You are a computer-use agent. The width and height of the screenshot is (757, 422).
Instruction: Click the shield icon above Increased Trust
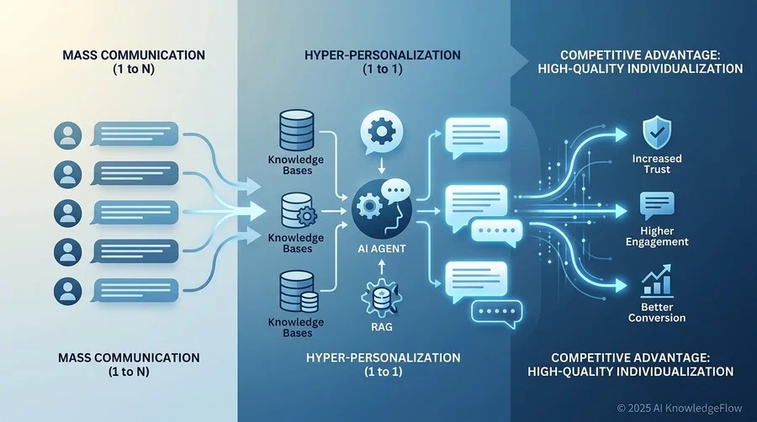pos(657,132)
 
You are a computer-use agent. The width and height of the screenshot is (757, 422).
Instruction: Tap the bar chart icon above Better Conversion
pos(657,280)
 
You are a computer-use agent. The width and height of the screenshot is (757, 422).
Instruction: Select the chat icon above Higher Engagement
pos(657,206)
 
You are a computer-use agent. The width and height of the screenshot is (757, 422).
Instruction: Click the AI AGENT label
pos(381,249)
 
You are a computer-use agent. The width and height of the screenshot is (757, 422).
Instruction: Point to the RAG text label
pos(382,327)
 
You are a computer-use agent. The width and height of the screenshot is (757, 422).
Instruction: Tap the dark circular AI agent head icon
pos(382,208)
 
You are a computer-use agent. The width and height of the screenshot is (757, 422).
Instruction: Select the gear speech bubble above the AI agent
pos(381,133)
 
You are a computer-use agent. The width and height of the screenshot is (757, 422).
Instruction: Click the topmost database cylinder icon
pos(297,130)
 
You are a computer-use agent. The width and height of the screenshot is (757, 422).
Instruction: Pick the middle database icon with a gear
pos(299,211)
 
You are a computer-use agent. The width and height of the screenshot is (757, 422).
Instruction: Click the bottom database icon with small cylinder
pos(299,292)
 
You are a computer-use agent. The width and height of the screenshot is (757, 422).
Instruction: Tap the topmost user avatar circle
pos(68,135)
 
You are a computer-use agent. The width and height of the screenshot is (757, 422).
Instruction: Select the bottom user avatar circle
pos(68,291)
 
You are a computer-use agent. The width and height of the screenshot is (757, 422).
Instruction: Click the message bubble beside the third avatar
pos(135,214)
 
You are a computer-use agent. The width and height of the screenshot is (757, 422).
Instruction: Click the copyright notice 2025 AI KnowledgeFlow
pos(680,408)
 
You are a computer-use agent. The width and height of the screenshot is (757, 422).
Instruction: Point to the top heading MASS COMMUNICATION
pos(134,55)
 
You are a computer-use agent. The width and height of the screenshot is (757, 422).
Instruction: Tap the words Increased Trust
pos(657,164)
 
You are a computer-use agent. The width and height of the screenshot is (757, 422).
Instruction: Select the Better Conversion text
pos(657,313)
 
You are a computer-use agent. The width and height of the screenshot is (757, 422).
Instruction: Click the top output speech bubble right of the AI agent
pos(476,137)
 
